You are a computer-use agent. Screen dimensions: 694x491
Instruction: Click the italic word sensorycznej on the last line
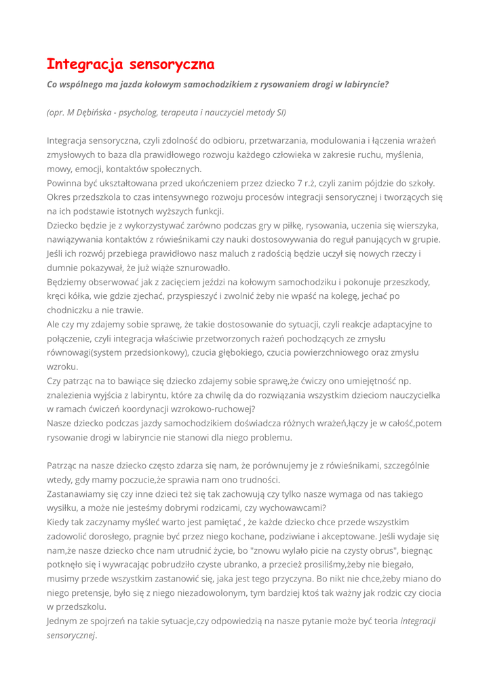[71, 635]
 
